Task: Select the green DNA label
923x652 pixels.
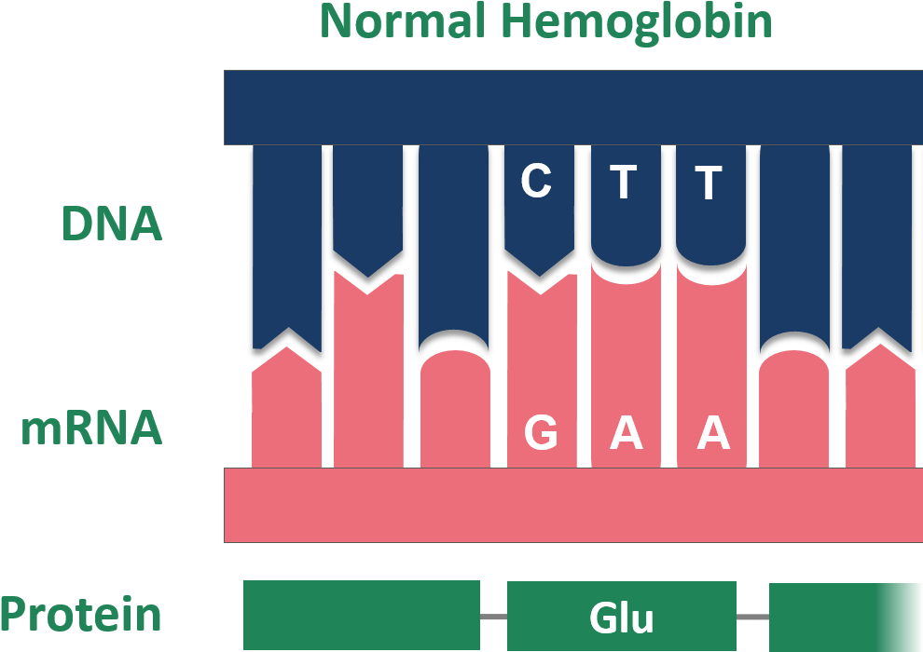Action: [112, 224]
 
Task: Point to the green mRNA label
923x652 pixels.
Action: [91, 429]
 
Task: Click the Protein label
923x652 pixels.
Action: [81, 616]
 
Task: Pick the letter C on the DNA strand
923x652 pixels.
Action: [536, 182]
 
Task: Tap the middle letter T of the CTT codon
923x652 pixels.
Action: [624, 183]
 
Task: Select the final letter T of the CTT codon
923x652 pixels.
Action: [709, 183]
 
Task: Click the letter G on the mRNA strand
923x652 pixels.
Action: [540, 432]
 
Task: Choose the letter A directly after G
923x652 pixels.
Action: [626, 432]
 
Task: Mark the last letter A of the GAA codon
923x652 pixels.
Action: [712, 432]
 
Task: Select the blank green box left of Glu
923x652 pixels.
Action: [361, 616]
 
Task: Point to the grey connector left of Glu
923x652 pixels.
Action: [493, 617]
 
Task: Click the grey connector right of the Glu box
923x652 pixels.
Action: [752, 617]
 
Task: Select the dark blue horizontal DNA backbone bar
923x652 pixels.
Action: [572, 107]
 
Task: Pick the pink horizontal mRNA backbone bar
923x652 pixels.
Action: [572, 504]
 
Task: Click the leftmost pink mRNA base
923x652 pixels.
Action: [286, 414]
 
